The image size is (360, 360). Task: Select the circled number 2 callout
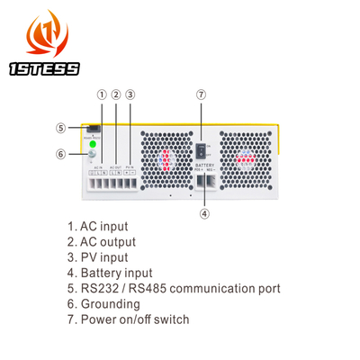coord(116,94)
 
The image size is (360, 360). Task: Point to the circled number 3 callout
coord(130,94)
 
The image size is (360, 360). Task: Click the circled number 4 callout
coord(204,213)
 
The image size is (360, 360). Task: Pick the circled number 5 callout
coord(60,127)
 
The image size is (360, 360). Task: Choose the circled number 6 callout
coord(60,153)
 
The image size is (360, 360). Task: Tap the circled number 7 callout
coord(201,94)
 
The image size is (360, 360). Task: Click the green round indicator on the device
coord(91,143)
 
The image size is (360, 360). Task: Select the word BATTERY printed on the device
coord(204,166)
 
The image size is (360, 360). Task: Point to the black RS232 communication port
coord(93,127)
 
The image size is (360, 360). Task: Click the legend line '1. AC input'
coord(99,228)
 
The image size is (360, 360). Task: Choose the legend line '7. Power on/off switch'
coord(134,319)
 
